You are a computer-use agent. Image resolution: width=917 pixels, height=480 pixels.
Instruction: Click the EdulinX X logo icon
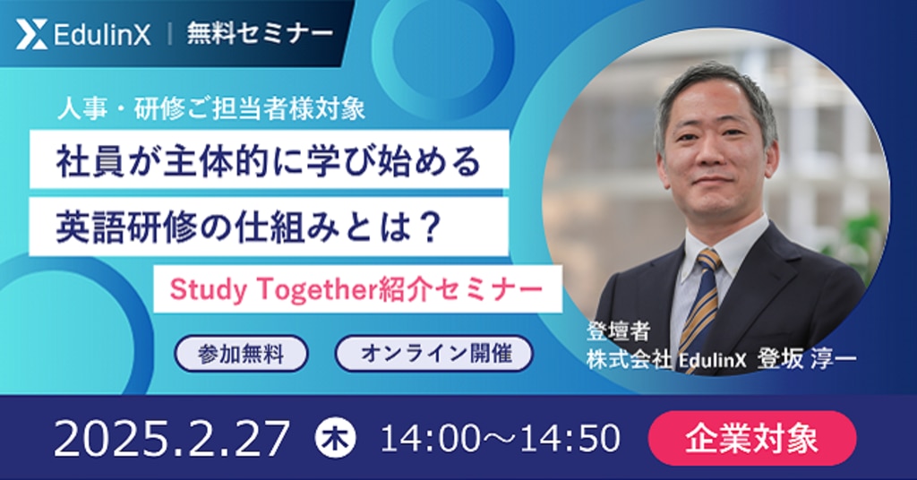[x=31, y=34]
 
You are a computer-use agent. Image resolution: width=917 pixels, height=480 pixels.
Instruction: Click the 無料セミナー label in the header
[x=260, y=33]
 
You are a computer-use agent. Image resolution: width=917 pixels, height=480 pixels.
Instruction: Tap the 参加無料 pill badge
[x=241, y=354]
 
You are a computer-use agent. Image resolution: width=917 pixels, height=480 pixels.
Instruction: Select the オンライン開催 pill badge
[x=434, y=353]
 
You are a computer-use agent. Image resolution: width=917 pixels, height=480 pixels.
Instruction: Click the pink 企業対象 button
[x=752, y=438]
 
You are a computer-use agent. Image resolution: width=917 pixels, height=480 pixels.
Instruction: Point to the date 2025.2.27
[x=171, y=439]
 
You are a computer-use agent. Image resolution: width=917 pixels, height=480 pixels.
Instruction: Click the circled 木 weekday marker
[x=335, y=438]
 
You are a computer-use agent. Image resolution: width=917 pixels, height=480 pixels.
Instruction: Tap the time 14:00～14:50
[x=500, y=439]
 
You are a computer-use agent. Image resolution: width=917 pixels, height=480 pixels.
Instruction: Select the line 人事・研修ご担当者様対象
[x=211, y=109]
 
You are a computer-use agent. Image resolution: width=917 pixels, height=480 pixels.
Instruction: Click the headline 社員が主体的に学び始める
[x=269, y=161]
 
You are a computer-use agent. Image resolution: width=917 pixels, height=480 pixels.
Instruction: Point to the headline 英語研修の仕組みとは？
[x=248, y=227]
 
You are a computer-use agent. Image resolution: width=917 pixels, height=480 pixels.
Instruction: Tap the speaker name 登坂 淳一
[x=807, y=359]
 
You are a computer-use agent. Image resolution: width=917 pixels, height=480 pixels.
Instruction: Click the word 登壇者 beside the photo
[x=618, y=331]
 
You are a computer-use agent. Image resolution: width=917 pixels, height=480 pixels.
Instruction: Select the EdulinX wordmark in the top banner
[x=102, y=34]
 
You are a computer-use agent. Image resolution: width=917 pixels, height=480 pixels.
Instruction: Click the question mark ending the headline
[x=430, y=227]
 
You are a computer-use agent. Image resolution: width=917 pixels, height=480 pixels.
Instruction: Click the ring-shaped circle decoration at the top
[x=444, y=18]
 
